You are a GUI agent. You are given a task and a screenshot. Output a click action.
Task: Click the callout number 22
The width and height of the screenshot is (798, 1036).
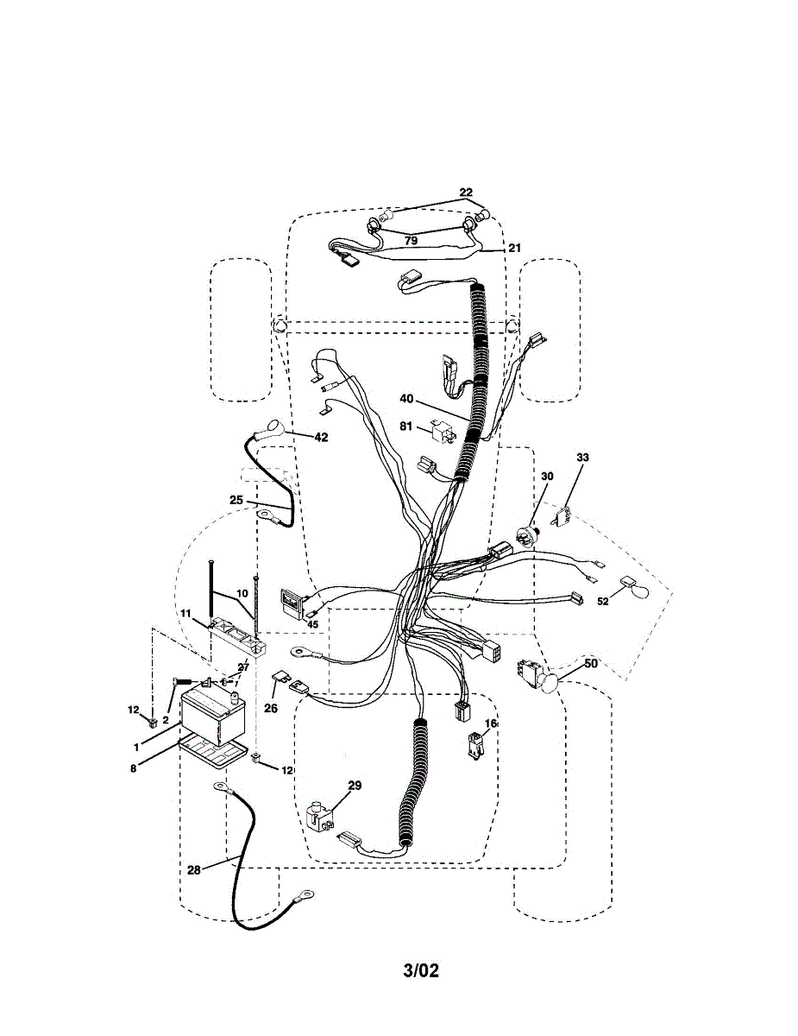click(466, 192)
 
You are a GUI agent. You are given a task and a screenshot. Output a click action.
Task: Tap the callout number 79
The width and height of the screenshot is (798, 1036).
click(412, 241)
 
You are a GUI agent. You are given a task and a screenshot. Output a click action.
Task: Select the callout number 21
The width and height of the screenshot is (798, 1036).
click(515, 248)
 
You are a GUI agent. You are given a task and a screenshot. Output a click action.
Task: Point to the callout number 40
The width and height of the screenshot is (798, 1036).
click(407, 399)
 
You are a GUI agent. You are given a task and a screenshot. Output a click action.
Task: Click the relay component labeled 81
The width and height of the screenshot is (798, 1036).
click(438, 431)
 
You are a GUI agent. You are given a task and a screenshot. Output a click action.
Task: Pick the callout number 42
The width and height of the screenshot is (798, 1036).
click(321, 437)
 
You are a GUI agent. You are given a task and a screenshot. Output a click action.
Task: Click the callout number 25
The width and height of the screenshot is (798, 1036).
click(236, 499)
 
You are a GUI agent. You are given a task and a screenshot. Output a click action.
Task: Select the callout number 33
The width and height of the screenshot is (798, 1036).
click(582, 456)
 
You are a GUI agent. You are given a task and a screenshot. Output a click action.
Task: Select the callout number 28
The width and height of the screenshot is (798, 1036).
click(193, 870)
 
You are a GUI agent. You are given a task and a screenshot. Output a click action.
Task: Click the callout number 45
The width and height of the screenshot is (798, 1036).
click(312, 624)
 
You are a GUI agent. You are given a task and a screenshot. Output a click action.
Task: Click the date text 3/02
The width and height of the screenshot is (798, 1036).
click(421, 971)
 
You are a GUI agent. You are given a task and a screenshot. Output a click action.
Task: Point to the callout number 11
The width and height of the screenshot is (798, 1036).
click(185, 612)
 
